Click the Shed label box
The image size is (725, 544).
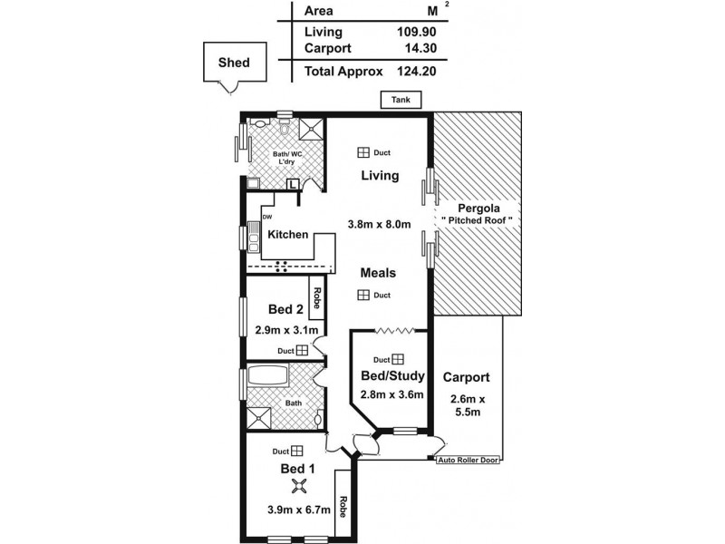[x=235, y=63]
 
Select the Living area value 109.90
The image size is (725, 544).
[x=412, y=32]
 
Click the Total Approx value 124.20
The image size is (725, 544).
[x=412, y=70]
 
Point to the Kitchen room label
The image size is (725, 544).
[x=288, y=235]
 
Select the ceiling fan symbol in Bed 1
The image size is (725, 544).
[x=288, y=486]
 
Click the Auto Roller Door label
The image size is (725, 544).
[x=469, y=461]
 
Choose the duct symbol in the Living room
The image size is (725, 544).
[x=362, y=153]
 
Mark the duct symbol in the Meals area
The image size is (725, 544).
[x=362, y=295]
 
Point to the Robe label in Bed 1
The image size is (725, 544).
[x=343, y=504]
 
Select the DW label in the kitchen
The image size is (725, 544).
[x=266, y=218]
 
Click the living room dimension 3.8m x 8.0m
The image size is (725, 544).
[x=379, y=224]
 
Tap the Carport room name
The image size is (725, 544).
[x=467, y=377]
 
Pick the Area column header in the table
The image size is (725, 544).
[x=319, y=12]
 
